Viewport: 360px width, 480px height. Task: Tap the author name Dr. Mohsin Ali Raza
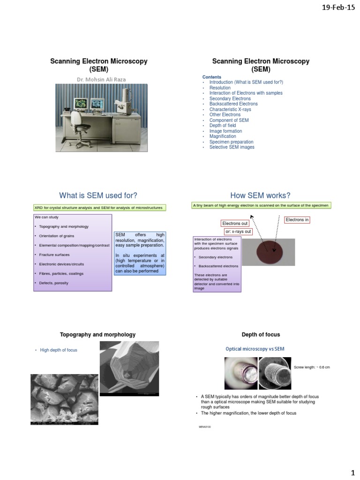coord(101,79)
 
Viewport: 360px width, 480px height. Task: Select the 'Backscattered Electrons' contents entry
coord(233,104)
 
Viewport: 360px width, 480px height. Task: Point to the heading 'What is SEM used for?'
coord(98,195)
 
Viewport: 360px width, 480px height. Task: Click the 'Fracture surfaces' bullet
coord(54,255)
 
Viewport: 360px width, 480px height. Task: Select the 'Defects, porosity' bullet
coord(54,283)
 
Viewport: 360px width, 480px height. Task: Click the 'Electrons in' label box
coord(297,220)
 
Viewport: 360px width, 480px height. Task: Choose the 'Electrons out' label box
coord(235,224)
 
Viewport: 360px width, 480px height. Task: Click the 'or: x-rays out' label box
coord(238,232)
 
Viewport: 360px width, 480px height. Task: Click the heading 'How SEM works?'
coord(260,195)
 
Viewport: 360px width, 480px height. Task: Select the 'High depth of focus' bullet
coord(59,350)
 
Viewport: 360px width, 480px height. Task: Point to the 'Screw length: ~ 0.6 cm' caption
coord(312,367)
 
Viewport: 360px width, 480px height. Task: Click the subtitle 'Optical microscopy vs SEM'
coord(255,349)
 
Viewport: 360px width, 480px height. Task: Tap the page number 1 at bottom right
coord(352,470)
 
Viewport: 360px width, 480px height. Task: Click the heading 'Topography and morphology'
coord(97,335)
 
